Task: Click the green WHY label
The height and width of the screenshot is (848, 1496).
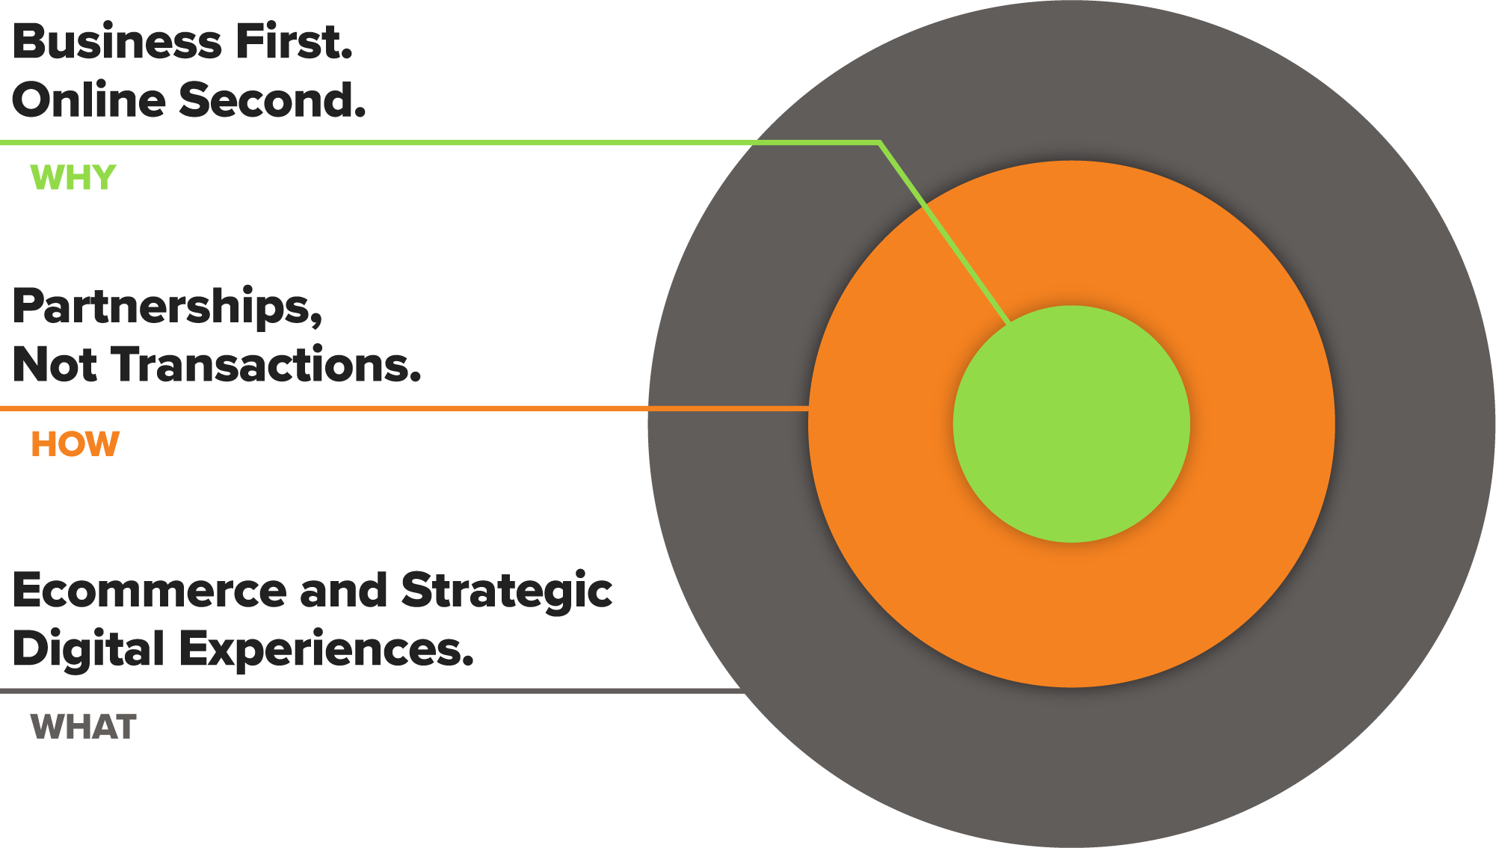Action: (73, 178)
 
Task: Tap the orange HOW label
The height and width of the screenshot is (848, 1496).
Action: (75, 444)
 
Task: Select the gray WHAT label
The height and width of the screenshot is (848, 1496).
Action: (83, 727)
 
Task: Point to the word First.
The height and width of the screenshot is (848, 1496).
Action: (294, 42)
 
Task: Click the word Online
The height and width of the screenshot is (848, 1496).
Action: (89, 100)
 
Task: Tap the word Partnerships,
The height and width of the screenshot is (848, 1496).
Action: (167, 307)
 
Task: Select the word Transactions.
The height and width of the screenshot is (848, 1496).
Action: (268, 365)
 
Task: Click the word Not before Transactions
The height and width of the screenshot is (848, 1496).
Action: (55, 365)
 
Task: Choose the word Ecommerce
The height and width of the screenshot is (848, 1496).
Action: (150, 591)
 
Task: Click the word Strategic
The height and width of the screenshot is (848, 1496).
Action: (507, 591)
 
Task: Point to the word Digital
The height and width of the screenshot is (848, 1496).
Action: (88, 649)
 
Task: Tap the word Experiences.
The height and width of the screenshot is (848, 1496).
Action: (327, 649)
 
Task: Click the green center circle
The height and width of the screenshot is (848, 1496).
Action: (1071, 424)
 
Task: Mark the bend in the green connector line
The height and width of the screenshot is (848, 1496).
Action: (879, 142)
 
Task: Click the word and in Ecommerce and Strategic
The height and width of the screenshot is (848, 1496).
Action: (344, 591)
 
